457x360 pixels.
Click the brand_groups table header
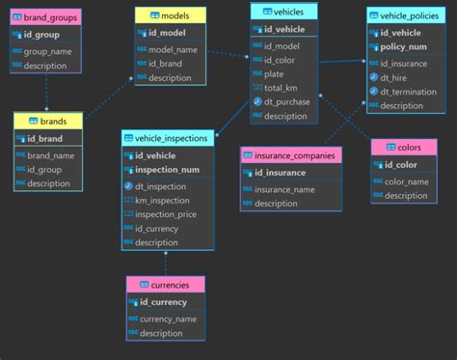(x=45, y=17)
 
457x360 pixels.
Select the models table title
(x=169, y=15)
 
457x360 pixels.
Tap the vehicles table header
(x=283, y=12)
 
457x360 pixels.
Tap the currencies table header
(x=165, y=285)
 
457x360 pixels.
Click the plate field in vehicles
(x=274, y=72)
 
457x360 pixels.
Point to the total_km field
(x=282, y=87)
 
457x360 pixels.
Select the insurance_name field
(x=284, y=189)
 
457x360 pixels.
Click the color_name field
(x=406, y=180)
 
